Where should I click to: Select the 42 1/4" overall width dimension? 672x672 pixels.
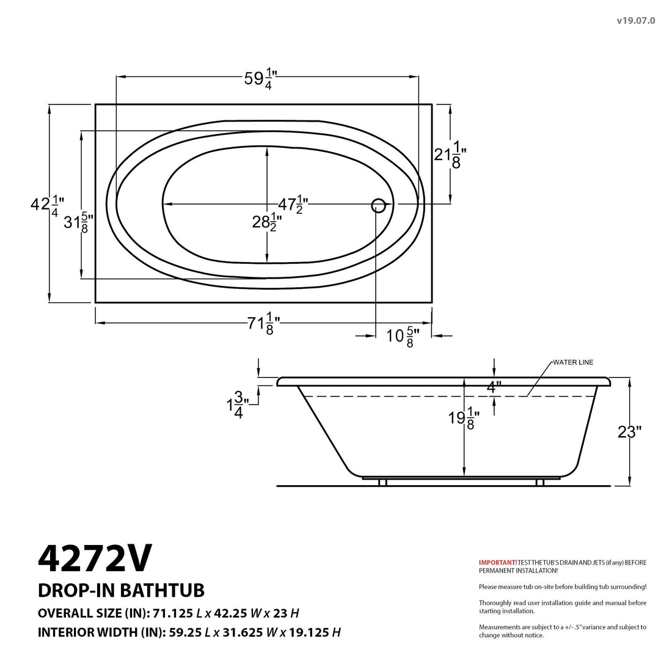[x=47, y=204]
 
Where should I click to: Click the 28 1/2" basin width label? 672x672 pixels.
[x=267, y=222]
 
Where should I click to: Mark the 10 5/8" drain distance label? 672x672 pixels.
[x=404, y=336]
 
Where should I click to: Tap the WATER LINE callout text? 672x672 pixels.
[x=572, y=362]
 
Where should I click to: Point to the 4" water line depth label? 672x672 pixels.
[x=494, y=387]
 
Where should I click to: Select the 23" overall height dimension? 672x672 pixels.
[x=629, y=432]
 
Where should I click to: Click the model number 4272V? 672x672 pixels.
[x=95, y=558]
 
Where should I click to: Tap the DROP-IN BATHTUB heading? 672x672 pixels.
[x=121, y=590]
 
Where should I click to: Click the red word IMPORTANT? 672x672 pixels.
[x=497, y=562]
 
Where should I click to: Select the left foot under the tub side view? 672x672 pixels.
[x=382, y=483]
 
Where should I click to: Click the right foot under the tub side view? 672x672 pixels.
[x=539, y=483]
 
